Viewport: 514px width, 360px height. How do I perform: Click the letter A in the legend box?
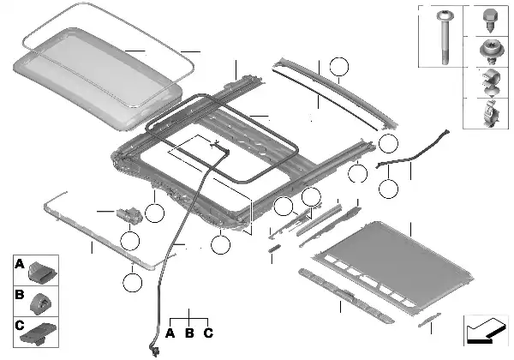click(x=20, y=263)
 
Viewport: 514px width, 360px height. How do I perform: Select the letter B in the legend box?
click(x=20, y=294)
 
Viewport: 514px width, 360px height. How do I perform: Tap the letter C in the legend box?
click(x=20, y=325)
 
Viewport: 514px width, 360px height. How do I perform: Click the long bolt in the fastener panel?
click(x=445, y=37)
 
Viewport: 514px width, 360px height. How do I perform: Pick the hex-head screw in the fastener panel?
click(x=490, y=21)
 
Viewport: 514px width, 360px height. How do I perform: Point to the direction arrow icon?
click(x=486, y=331)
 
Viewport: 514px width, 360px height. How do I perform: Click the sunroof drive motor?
click(x=129, y=215)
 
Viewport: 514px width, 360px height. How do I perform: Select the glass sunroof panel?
click(x=99, y=79)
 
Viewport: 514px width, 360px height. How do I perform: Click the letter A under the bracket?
click(x=170, y=333)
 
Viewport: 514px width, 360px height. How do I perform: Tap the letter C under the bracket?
click(x=208, y=333)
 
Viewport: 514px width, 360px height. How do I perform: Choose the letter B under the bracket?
click(x=189, y=333)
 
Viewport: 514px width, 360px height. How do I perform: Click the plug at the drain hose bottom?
click(x=154, y=348)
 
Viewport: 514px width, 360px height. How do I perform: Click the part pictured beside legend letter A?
click(x=42, y=272)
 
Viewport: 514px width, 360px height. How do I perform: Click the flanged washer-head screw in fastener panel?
click(x=490, y=51)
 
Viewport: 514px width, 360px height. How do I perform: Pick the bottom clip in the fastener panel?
click(x=490, y=113)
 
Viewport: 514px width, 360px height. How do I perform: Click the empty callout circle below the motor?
click(x=130, y=241)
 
